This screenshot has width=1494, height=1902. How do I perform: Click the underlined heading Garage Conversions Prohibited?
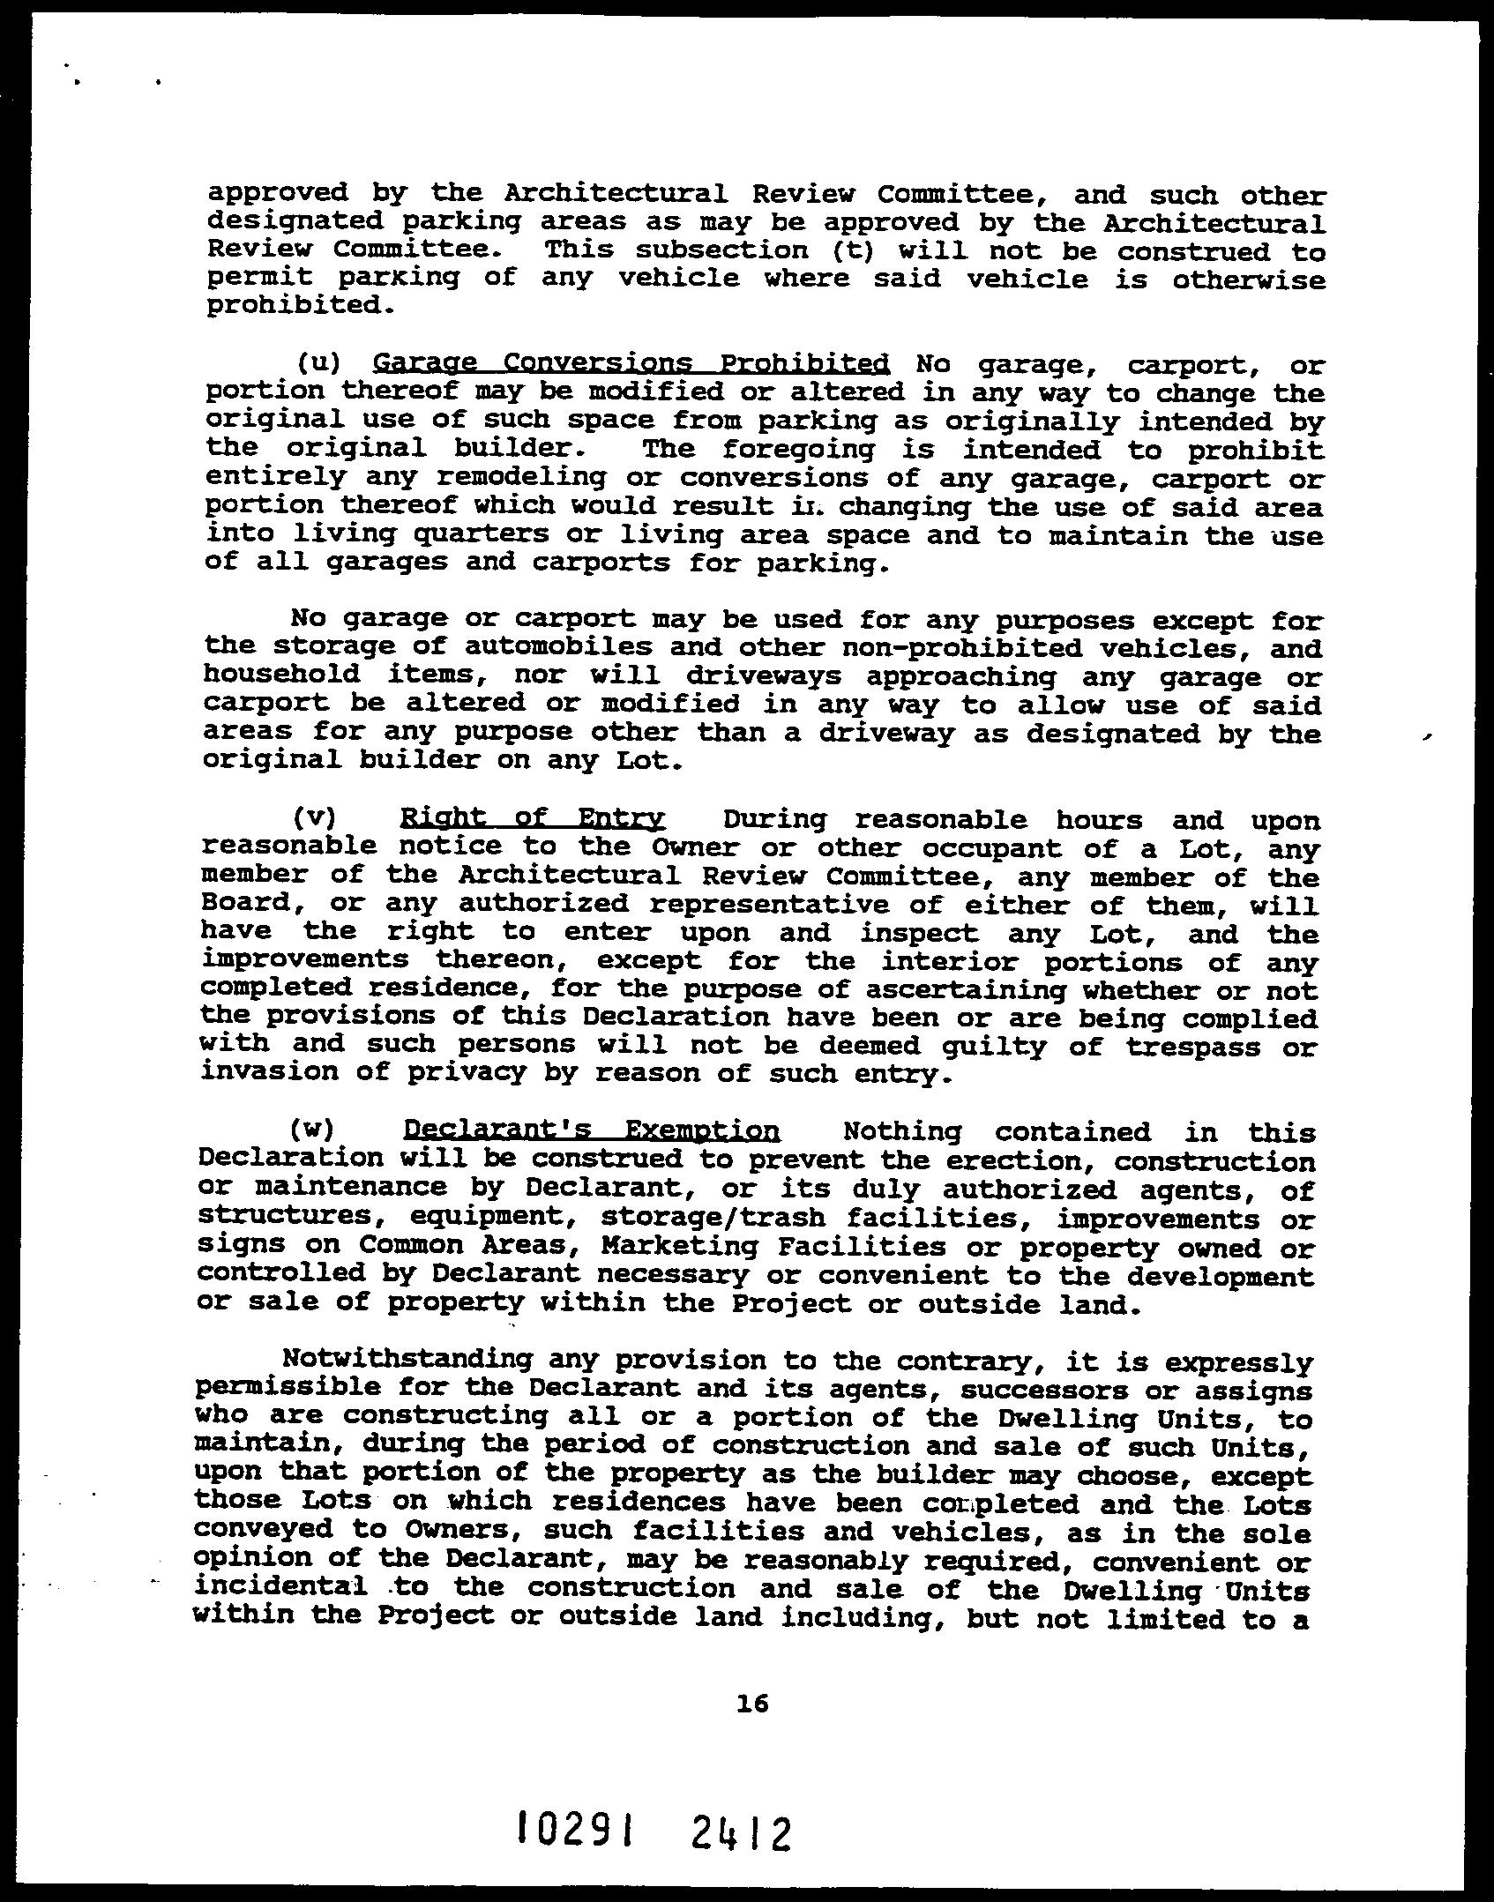(631, 363)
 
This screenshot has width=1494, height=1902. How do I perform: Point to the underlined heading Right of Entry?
(532, 819)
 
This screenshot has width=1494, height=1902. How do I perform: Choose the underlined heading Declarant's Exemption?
(591, 1130)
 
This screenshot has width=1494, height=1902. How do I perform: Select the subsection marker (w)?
(310, 1130)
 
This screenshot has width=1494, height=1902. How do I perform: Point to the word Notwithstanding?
(407, 1359)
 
